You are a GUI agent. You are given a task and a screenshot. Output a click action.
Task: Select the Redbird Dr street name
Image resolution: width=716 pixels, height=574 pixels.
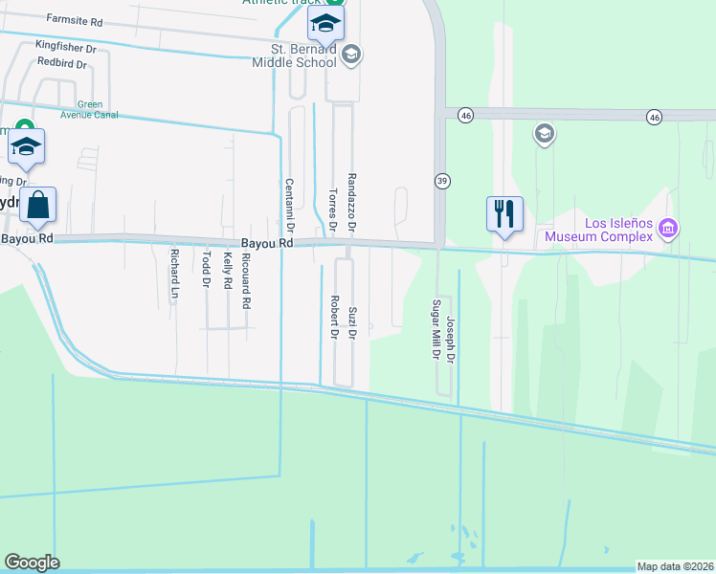(x=61, y=64)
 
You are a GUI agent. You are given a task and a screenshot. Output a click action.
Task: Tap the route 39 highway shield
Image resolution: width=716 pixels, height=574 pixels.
(x=442, y=180)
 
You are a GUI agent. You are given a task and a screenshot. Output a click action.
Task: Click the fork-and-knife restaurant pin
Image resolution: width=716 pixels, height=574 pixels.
(x=504, y=213)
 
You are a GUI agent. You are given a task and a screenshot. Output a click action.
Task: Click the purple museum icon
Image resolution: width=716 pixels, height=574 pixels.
(x=668, y=228)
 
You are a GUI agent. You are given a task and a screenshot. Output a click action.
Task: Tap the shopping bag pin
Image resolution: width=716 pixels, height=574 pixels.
(x=37, y=205)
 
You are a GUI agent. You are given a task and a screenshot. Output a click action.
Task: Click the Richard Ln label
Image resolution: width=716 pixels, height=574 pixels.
(x=174, y=275)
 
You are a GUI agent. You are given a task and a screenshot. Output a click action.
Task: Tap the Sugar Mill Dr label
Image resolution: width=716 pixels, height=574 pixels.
(x=436, y=328)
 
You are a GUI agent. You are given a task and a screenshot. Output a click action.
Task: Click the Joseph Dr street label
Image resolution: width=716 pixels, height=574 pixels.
(x=450, y=342)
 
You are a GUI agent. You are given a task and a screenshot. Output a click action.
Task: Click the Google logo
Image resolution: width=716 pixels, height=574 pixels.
(x=32, y=563)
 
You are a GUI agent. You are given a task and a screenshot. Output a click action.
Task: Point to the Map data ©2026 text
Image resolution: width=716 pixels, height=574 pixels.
(x=675, y=566)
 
